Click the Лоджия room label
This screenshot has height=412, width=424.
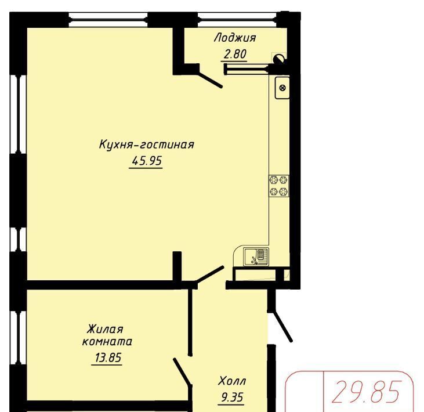pos(235,38)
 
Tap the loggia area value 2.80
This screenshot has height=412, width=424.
pos(235,54)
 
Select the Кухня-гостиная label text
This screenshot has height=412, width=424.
pos(147,144)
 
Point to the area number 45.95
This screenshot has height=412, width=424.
pos(147,161)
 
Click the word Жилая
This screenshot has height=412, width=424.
pos(105,329)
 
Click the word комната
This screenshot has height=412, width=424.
pos(107,342)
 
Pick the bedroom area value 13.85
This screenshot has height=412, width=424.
pos(108,357)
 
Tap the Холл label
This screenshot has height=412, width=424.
pos(232,381)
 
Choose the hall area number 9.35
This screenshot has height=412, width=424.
pos(232,397)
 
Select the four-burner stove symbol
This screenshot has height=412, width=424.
pos(279,186)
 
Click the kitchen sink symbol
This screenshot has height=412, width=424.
pos(256,256)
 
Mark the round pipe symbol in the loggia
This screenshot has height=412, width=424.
pos(279,59)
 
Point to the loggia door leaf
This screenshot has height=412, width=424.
pos(211,79)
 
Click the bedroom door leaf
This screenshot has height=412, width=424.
pos(183,371)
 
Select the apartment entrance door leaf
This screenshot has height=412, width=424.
pos(282,327)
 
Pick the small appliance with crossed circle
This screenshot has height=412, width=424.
pos(282,88)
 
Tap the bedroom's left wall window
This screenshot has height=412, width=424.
pos(19,338)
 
